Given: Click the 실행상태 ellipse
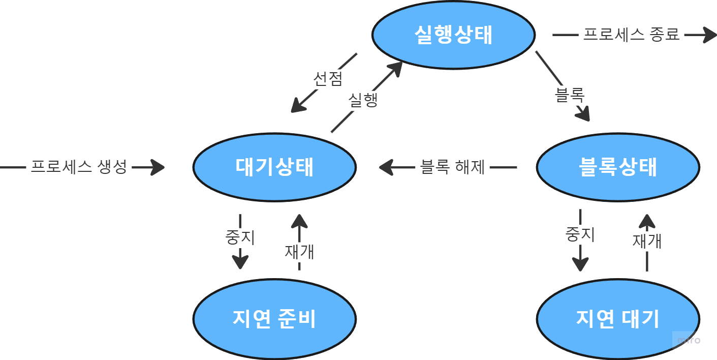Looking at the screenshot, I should [453, 35].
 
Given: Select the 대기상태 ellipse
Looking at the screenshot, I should [274, 167].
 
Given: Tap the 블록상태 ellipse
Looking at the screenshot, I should [618, 167].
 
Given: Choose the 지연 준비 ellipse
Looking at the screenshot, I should [274, 319].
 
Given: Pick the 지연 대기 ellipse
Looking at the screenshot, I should [618, 319].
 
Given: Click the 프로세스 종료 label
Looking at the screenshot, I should [631, 35].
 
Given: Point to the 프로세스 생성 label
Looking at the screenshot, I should [79, 167].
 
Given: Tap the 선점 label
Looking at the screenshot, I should [328, 79].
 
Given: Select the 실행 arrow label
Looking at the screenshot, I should [363, 100].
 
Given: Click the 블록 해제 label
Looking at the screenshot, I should [453, 167].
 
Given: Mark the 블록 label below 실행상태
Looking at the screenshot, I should [570, 95].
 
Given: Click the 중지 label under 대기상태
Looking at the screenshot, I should [240, 237].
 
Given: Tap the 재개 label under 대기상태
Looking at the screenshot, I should [299, 251].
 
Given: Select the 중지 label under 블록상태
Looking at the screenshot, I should [580, 234].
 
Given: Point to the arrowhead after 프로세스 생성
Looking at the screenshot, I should [158, 167].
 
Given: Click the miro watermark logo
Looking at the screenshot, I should [689, 340].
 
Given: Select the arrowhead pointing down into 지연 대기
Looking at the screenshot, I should [580, 265].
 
